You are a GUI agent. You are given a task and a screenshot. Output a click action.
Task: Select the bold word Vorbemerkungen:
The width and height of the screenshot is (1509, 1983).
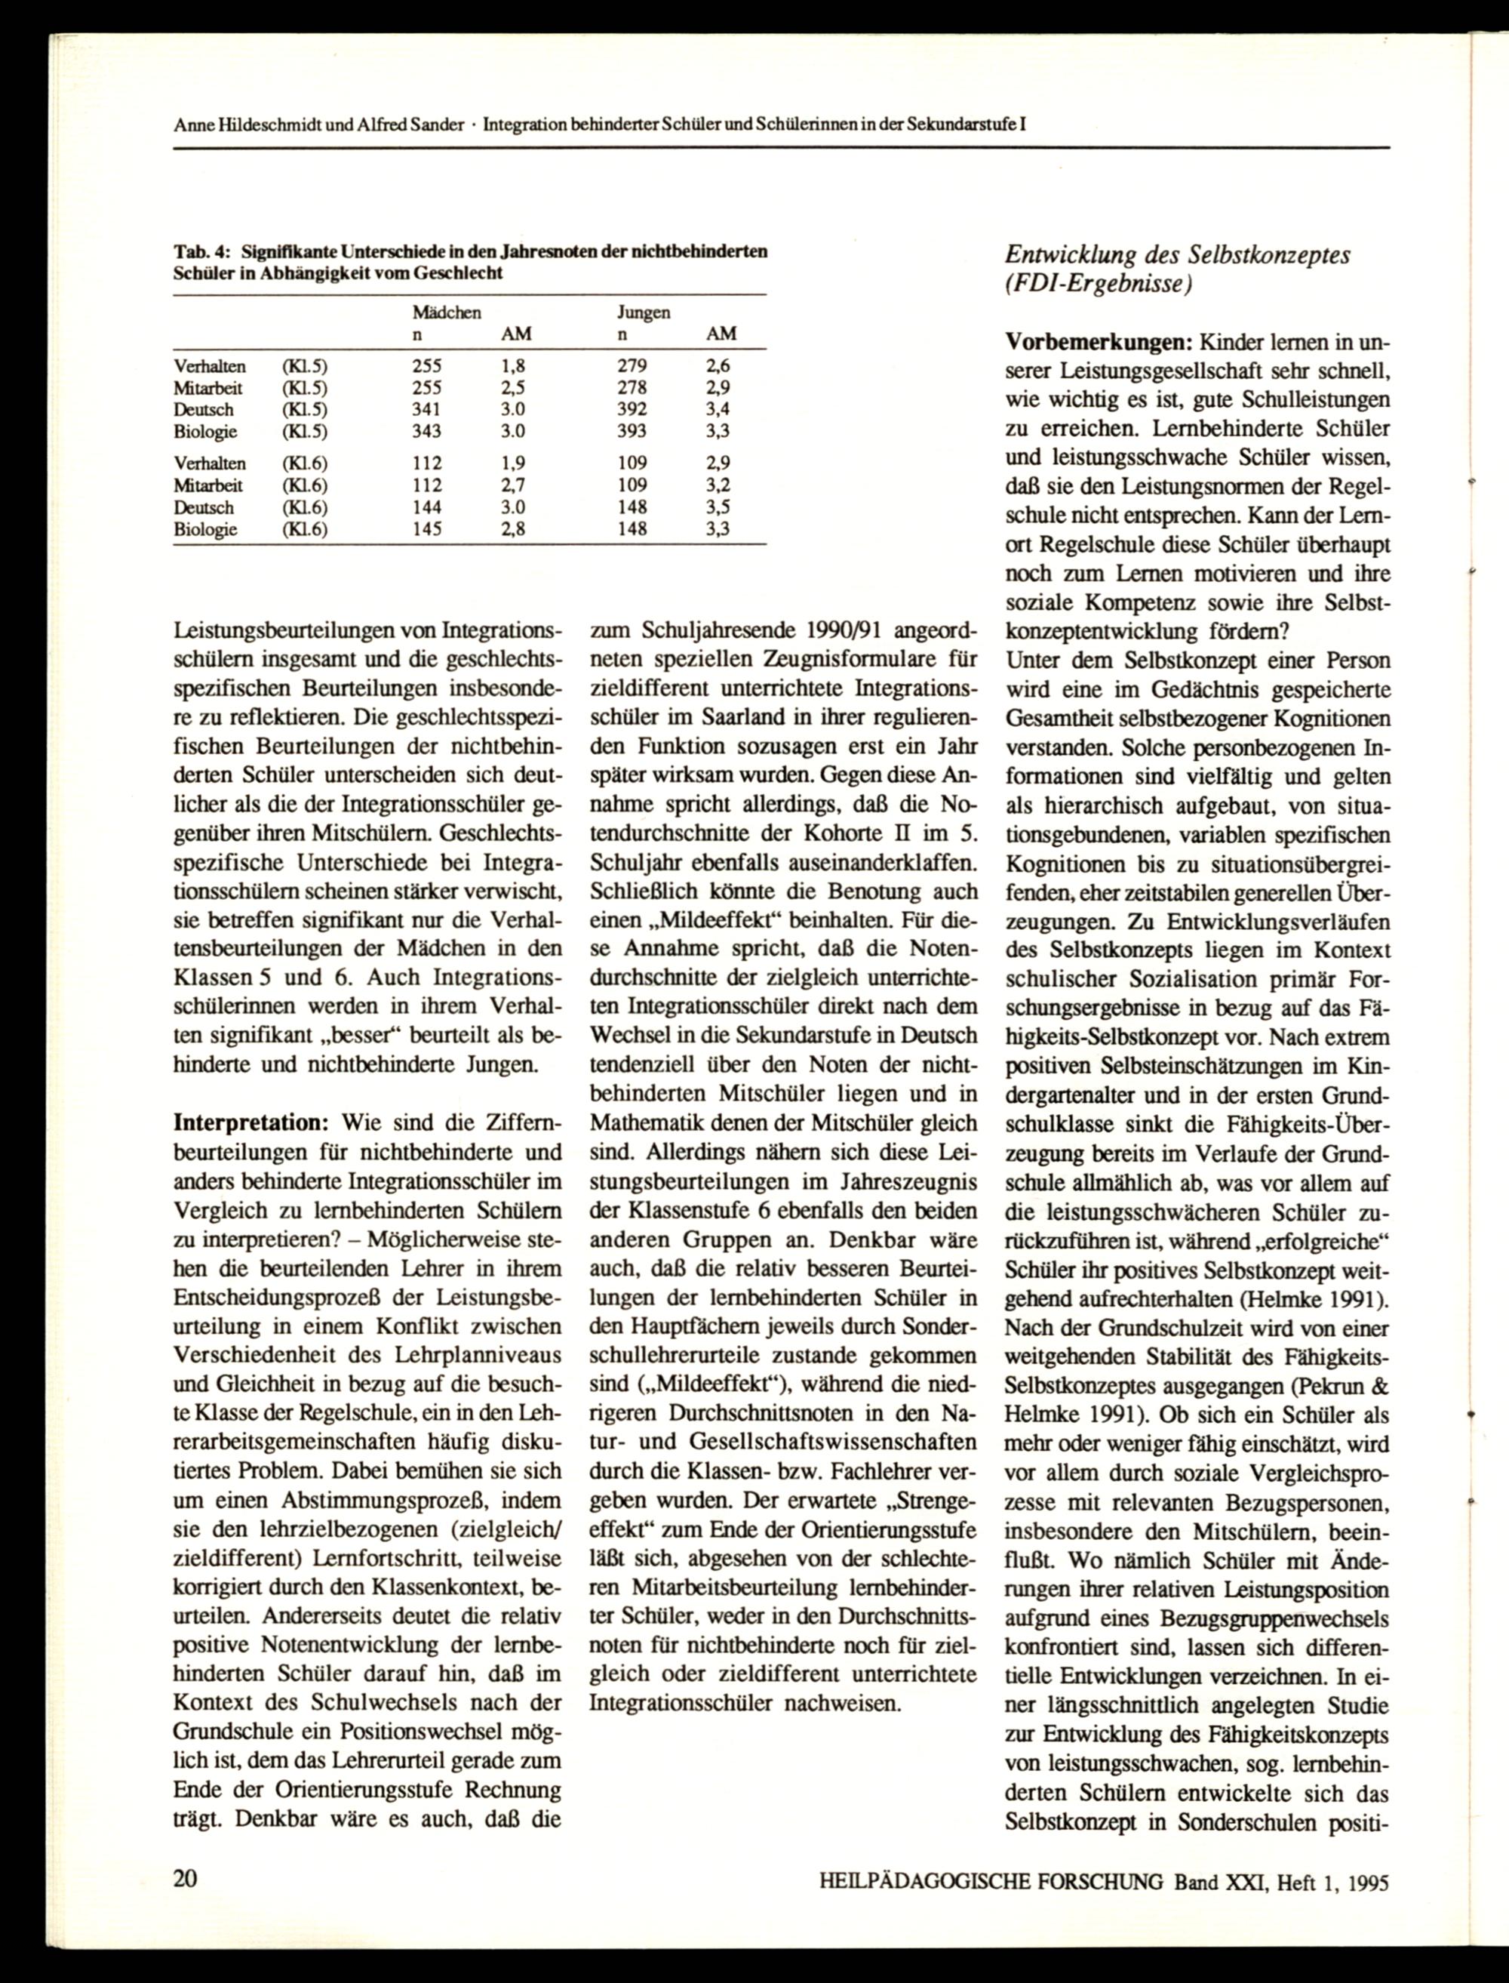point(1098,343)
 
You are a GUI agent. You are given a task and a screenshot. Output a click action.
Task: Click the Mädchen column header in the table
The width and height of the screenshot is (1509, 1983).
point(447,313)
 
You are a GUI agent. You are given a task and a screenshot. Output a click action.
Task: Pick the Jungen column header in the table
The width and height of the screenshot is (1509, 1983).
point(642,313)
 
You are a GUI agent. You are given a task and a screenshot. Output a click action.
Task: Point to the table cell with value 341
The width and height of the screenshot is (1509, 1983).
point(426,410)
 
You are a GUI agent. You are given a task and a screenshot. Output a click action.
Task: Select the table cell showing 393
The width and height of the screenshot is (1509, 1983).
point(632,431)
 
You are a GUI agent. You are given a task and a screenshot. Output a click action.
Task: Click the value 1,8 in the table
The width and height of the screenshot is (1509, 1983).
point(513,367)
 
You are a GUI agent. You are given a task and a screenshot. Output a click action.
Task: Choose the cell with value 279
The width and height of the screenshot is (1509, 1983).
point(632,367)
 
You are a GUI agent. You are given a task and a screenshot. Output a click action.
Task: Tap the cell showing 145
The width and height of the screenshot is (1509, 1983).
point(426,529)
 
